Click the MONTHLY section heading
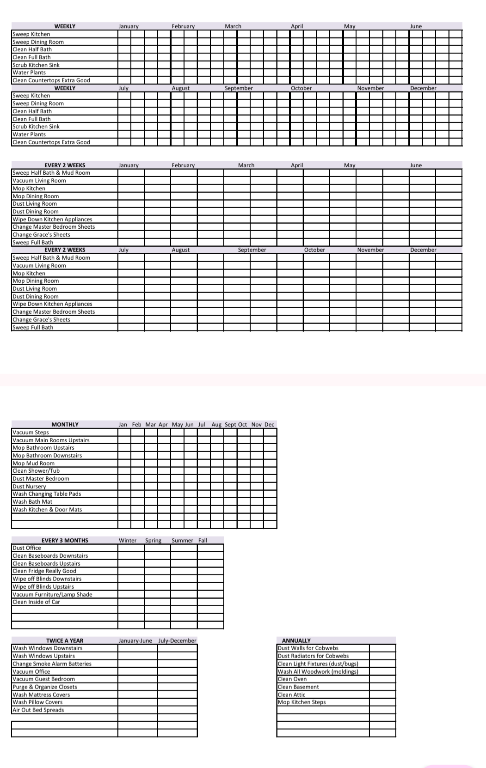[x=65, y=424]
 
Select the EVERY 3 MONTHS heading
[x=65, y=540]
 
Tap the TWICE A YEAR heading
[x=65, y=640]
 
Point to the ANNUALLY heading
[x=296, y=640]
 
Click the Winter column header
[x=128, y=540]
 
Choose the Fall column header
[x=203, y=540]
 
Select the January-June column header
[x=135, y=640]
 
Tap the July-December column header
[x=178, y=640]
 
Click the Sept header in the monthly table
[x=230, y=424]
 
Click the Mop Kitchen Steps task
[x=301, y=702]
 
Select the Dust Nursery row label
[x=29, y=486]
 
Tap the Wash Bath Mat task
[x=32, y=502]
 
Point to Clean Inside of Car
[x=36, y=602]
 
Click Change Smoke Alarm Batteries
[x=52, y=664]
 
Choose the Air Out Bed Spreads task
[x=38, y=710]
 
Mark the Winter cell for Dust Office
[x=131, y=548]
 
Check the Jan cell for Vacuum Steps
[x=124, y=433]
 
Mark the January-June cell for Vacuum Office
[x=137, y=671]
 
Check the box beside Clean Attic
[x=382, y=695]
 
